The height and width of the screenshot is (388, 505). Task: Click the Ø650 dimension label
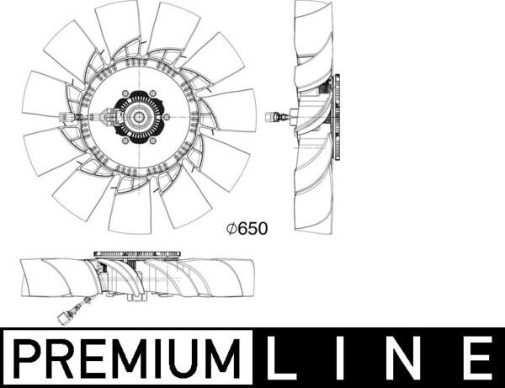(247, 229)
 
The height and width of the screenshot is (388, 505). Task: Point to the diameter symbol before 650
(232, 229)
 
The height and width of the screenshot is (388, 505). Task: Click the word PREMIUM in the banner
(128, 359)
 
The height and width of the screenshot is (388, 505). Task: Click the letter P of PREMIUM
(29, 359)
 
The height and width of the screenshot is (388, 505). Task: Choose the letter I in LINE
(343, 358)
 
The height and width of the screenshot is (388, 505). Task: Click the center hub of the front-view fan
(139, 116)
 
